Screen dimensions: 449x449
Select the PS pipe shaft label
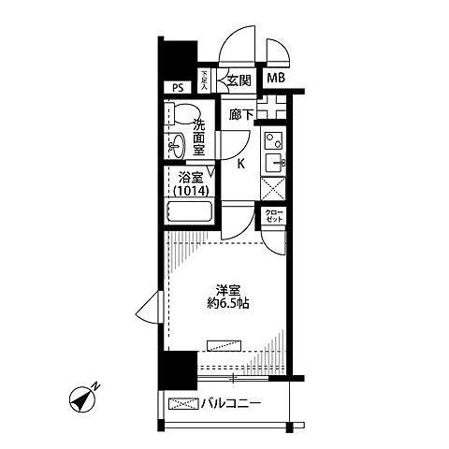[x=179, y=88]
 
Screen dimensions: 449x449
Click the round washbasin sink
[x=175, y=145]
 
